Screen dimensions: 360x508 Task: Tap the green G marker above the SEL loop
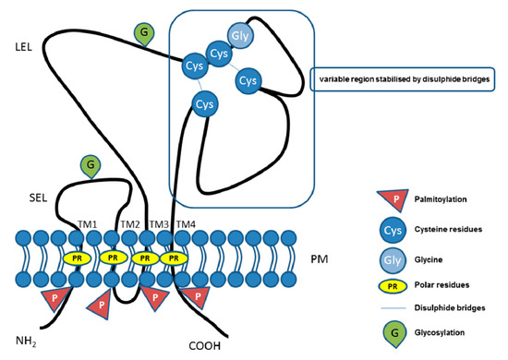90,167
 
